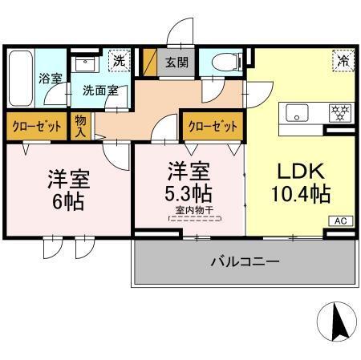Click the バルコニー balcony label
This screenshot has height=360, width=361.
(x=245, y=261)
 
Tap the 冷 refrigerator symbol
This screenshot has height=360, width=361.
(x=343, y=60)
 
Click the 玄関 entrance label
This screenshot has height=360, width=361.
(x=175, y=62)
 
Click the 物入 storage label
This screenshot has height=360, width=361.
(x=82, y=125)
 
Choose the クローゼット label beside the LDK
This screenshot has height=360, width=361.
(x=213, y=126)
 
